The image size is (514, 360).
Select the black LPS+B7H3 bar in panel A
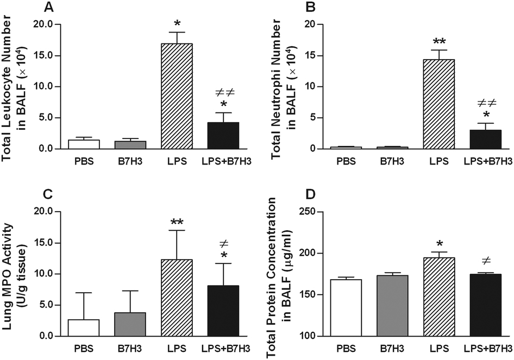pyautogui.click(x=223, y=135)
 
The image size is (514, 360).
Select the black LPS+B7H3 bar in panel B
pyautogui.click(x=485, y=139)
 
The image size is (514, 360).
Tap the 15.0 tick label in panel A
pyautogui.click(x=42, y=55)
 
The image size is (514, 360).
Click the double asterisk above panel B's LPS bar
pyautogui.click(x=438, y=41)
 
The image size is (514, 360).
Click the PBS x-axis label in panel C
pyautogui.click(x=84, y=347)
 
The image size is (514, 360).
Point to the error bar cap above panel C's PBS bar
pyautogui.click(x=84, y=293)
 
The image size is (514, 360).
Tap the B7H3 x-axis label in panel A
pyautogui.click(x=130, y=161)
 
